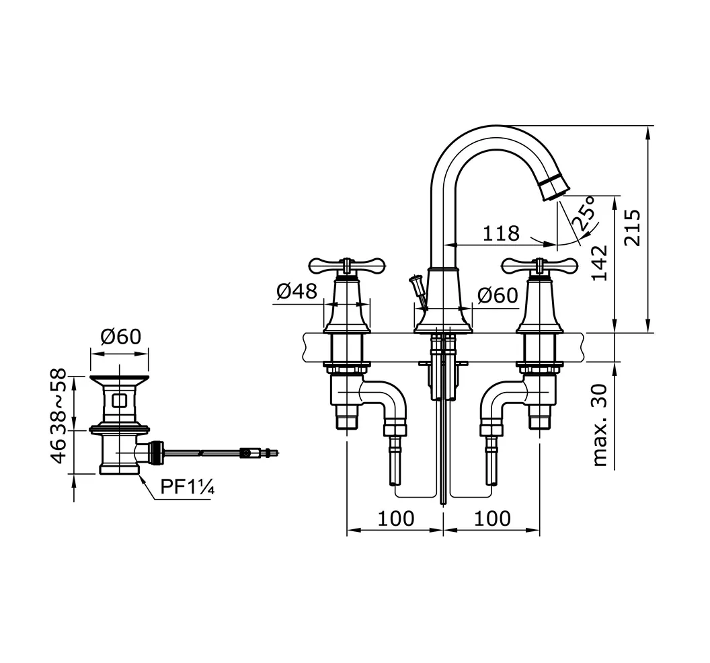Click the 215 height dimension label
click(x=633, y=227)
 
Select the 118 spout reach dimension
click(x=501, y=233)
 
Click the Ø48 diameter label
click(x=297, y=291)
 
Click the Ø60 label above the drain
click(x=121, y=336)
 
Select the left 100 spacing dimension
click(x=395, y=518)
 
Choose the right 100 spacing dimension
click(x=492, y=518)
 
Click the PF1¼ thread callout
click(x=188, y=487)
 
